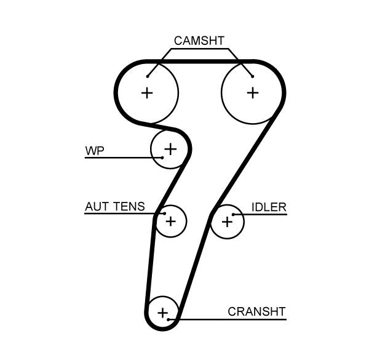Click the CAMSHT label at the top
pyautogui.click(x=199, y=41)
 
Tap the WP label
pyautogui.click(x=94, y=150)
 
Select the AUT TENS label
pyautogui.click(x=114, y=207)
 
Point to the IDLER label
pyautogui.click(x=269, y=207)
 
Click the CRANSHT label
pyautogui.click(x=256, y=311)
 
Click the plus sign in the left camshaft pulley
pyautogui.click(x=146, y=93)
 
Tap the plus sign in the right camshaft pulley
pyautogui.click(x=252, y=93)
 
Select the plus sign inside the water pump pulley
pyautogui.click(x=170, y=148)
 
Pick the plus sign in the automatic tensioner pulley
pyautogui.click(x=170, y=220)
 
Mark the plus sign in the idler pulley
pyautogui.click(x=227, y=221)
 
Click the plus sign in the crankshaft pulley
pyautogui.click(x=162, y=313)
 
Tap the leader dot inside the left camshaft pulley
pyautogui.click(x=148, y=76)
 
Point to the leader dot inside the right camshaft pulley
pyautogui.click(x=252, y=76)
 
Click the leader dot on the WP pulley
pyautogui.click(x=162, y=158)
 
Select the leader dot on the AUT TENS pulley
pyautogui.click(x=164, y=214)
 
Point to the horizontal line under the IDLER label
pyautogui.click(x=264, y=214)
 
